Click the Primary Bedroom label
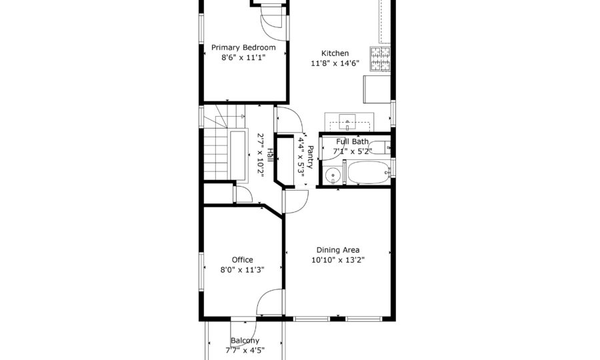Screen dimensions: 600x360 coord(243,47)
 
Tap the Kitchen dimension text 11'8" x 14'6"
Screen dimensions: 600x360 coord(335,63)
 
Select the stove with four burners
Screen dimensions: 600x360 coord(380,59)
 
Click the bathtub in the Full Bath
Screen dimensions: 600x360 coord(369,172)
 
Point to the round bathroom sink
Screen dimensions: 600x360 coord(333,176)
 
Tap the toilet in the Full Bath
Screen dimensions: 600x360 coord(379,147)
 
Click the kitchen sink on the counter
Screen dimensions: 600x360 coord(347,122)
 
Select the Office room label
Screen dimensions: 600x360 coord(242,260)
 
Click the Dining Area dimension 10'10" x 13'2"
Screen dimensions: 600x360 coord(338,260)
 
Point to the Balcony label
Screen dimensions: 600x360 coord(245,341)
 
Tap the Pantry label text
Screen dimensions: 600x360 coord(310,157)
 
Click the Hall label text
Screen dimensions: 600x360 coord(270,155)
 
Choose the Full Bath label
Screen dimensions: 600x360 coord(353,141)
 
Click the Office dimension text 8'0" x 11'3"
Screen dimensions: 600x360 coord(242,270)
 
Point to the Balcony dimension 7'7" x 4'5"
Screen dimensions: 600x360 coord(245,351)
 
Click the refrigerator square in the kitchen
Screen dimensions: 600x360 coord(377,89)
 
